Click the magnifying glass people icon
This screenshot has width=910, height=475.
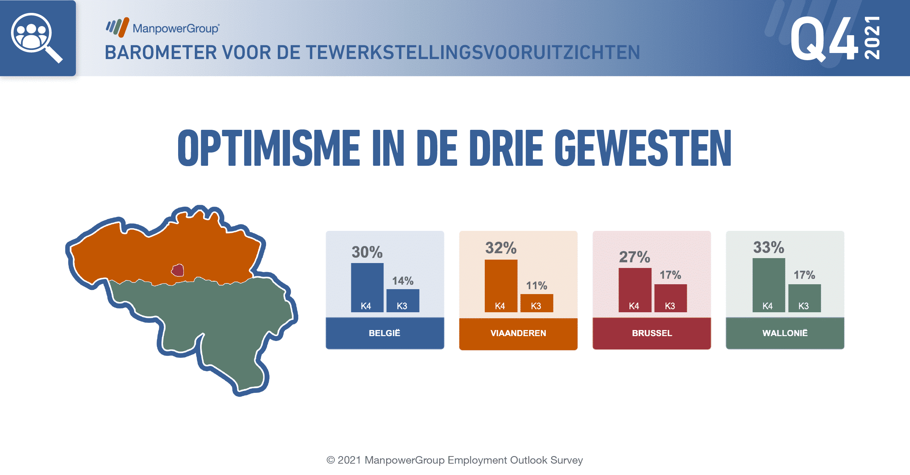[x=36, y=37]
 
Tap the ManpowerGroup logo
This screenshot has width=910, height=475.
[x=163, y=28]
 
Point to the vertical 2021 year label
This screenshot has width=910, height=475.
[x=872, y=38]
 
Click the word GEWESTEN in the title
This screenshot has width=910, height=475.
[x=643, y=148]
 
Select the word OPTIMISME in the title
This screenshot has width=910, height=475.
[x=269, y=148]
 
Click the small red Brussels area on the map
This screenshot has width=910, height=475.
[x=178, y=270]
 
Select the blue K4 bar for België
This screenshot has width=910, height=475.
[x=367, y=288]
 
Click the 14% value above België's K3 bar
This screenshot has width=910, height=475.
[x=403, y=281]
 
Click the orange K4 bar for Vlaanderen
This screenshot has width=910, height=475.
[x=501, y=286]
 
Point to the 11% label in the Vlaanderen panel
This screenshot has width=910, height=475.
[x=536, y=286]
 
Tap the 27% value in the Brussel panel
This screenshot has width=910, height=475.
[x=634, y=257]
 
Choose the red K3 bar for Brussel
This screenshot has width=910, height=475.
[x=670, y=298]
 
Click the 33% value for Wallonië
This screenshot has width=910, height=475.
[x=768, y=248]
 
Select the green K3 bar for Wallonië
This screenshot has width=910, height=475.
[x=805, y=298]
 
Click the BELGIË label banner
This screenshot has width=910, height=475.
[x=385, y=333]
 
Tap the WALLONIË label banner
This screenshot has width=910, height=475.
[x=785, y=333]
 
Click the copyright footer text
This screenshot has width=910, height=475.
[x=455, y=460]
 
